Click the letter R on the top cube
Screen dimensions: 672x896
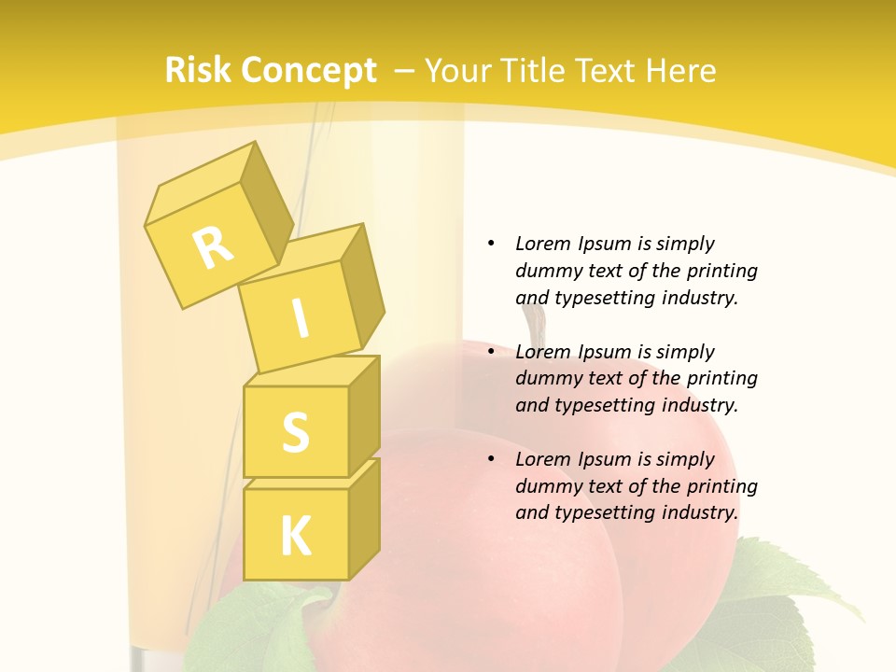(213, 247)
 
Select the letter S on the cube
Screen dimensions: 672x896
(295, 432)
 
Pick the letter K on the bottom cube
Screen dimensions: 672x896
(295, 537)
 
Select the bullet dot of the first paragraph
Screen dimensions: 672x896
(491, 244)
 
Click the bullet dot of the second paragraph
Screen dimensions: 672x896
(491, 352)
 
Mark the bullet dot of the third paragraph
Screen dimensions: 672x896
(491, 459)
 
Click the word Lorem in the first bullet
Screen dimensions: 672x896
(542, 244)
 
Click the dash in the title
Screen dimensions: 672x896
(405, 71)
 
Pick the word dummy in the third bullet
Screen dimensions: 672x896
(551, 486)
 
